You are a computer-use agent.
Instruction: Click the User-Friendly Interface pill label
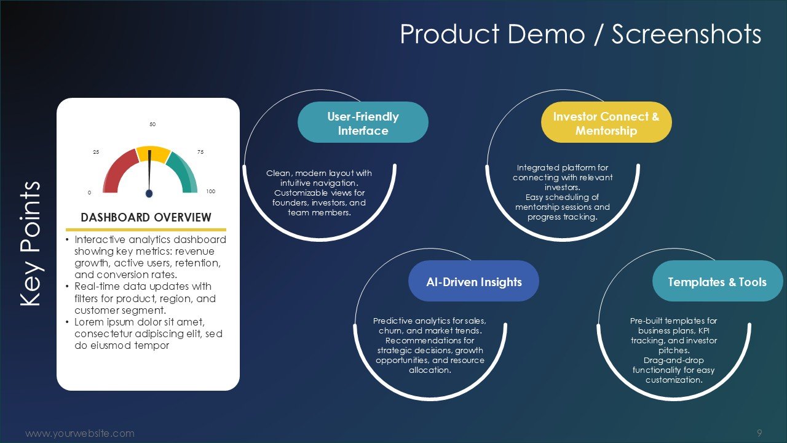coord(363,122)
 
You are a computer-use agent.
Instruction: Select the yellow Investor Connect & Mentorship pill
coord(606,122)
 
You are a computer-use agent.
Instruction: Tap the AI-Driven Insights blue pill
coord(473,281)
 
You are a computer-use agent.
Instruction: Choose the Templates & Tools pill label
coord(718,281)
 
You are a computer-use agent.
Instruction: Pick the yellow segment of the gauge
coord(154,154)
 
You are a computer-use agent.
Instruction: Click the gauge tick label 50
coord(152,124)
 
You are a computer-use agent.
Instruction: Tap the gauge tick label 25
coord(96,152)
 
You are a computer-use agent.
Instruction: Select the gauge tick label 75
coord(200,152)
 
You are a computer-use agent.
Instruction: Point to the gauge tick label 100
coord(210,191)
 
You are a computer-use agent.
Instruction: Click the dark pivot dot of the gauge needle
coord(149,193)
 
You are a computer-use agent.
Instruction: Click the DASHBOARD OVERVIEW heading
coord(146,217)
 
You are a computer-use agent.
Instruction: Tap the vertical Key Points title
coord(31,243)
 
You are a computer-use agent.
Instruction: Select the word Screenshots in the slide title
coord(687,34)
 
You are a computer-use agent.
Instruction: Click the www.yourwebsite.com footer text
coord(80,433)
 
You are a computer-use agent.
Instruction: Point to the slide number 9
coord(759,433)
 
